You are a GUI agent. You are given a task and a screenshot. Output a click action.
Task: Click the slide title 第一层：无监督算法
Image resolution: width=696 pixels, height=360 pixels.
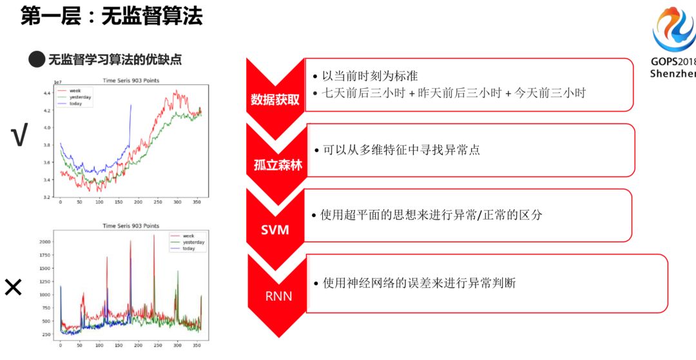click(x=111, y=16)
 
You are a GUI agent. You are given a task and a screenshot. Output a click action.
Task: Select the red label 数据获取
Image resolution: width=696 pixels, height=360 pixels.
click(x=275, y=100)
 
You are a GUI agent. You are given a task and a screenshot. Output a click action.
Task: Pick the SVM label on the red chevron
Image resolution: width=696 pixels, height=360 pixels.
click(x=275, y=229)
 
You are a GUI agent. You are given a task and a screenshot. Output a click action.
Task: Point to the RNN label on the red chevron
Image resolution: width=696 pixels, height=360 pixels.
click(x=278, y=296)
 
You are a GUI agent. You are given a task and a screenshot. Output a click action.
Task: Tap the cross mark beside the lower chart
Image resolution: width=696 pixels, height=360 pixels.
click(x=13, y=287)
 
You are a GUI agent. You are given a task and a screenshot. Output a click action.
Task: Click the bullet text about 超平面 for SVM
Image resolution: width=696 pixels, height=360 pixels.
click(x=431, y=215)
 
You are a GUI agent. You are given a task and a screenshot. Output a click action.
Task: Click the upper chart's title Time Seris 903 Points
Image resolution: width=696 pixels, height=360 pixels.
click(x=131, y=81)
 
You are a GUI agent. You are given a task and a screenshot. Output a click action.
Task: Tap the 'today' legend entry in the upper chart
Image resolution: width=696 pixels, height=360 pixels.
click(x=76, y=104)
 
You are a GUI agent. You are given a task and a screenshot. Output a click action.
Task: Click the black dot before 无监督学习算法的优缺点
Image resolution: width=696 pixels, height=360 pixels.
click(x=37, y=60)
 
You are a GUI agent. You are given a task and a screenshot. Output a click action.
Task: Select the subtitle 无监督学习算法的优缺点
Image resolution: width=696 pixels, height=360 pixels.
click(x=115, y=60)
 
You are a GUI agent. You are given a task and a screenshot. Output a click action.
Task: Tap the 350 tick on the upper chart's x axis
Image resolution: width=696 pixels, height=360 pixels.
click(x=196, y=202)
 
